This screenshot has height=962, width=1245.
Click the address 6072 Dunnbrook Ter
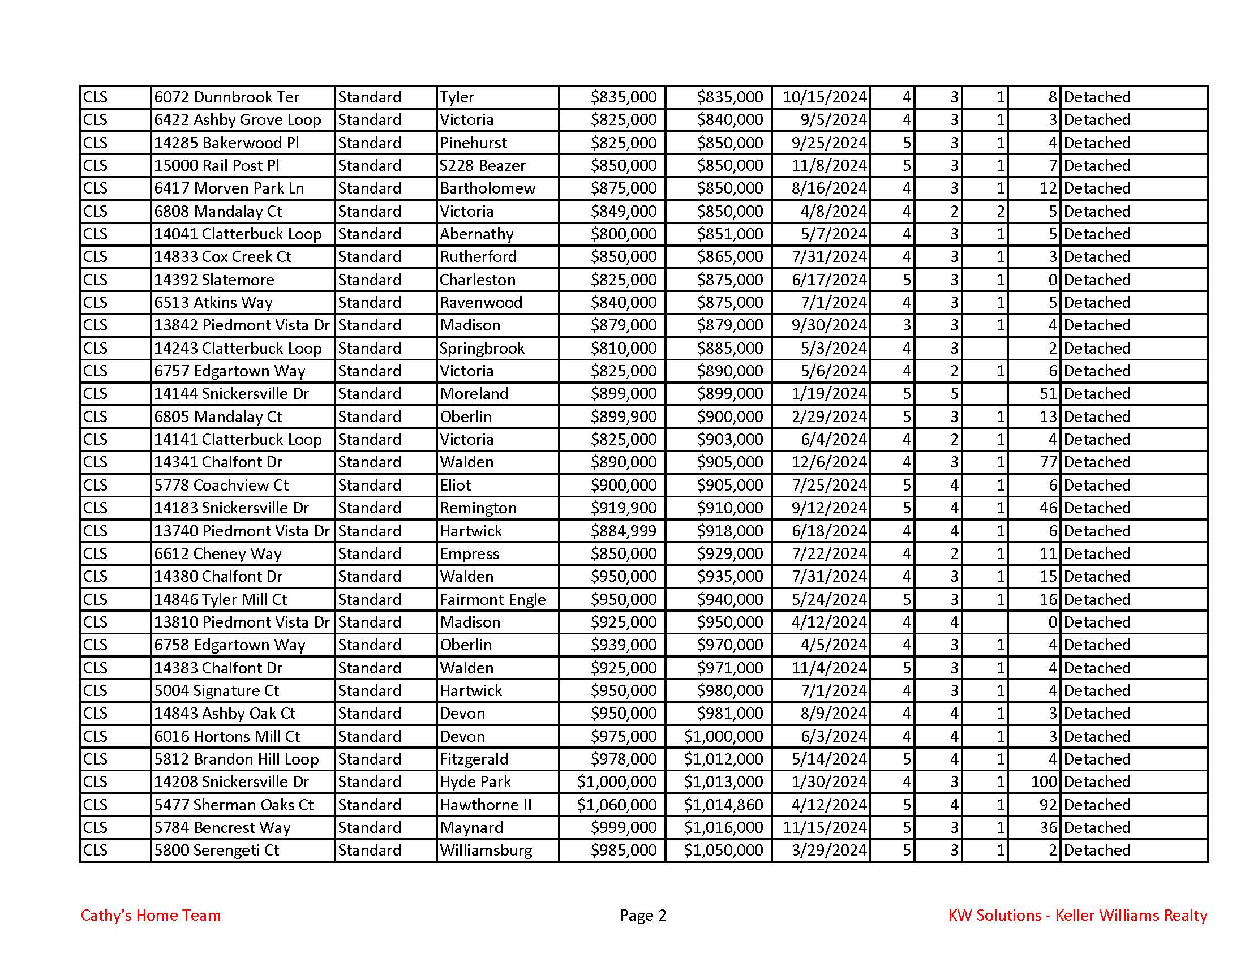226,97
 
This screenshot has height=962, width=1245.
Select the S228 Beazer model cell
482,165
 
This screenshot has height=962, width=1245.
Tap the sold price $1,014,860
723,805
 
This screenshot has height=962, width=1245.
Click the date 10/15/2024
824,97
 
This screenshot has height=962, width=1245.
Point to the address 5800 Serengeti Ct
216,851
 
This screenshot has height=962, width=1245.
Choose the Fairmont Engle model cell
492,599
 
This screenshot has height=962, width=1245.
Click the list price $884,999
623,531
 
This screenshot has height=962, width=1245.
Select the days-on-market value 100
1044,782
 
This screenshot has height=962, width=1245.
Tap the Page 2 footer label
642,915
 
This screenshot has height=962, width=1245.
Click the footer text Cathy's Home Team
151,915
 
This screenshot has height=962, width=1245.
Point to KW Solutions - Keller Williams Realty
1077,915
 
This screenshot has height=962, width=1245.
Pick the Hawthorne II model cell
485,805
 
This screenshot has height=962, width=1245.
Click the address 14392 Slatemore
214,280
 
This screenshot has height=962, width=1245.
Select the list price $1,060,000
616,805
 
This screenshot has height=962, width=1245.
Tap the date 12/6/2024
828,462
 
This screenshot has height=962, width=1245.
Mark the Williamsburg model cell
486,851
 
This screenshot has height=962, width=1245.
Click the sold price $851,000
729,234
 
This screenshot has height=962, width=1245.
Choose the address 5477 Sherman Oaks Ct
234,805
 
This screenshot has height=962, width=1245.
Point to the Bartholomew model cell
487,188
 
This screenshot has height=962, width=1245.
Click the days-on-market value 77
1048,462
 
